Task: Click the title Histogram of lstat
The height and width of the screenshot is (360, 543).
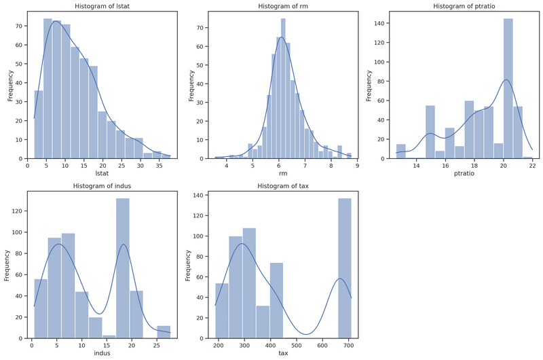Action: (100, 6)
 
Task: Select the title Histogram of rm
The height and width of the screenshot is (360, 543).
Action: (282, 6)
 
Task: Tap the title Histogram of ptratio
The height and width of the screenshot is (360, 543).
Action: (465, 6)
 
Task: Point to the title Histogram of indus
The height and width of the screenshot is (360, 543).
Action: (100, 187)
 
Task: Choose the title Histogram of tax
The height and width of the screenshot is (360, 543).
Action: (282, 187)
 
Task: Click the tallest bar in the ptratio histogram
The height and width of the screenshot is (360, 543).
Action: (508, 88)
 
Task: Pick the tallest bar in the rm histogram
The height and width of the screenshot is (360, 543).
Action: (283, 88)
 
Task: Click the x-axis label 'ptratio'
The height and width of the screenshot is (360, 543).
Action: (466, 174)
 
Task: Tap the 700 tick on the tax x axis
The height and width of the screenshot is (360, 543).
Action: (348, 345)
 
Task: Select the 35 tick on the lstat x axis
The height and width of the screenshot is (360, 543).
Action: (159, 165)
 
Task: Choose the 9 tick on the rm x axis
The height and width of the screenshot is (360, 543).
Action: (358, 165)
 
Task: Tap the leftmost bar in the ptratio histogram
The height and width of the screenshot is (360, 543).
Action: (401, 151)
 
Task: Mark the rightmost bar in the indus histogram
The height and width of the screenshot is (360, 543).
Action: (164, 331)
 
